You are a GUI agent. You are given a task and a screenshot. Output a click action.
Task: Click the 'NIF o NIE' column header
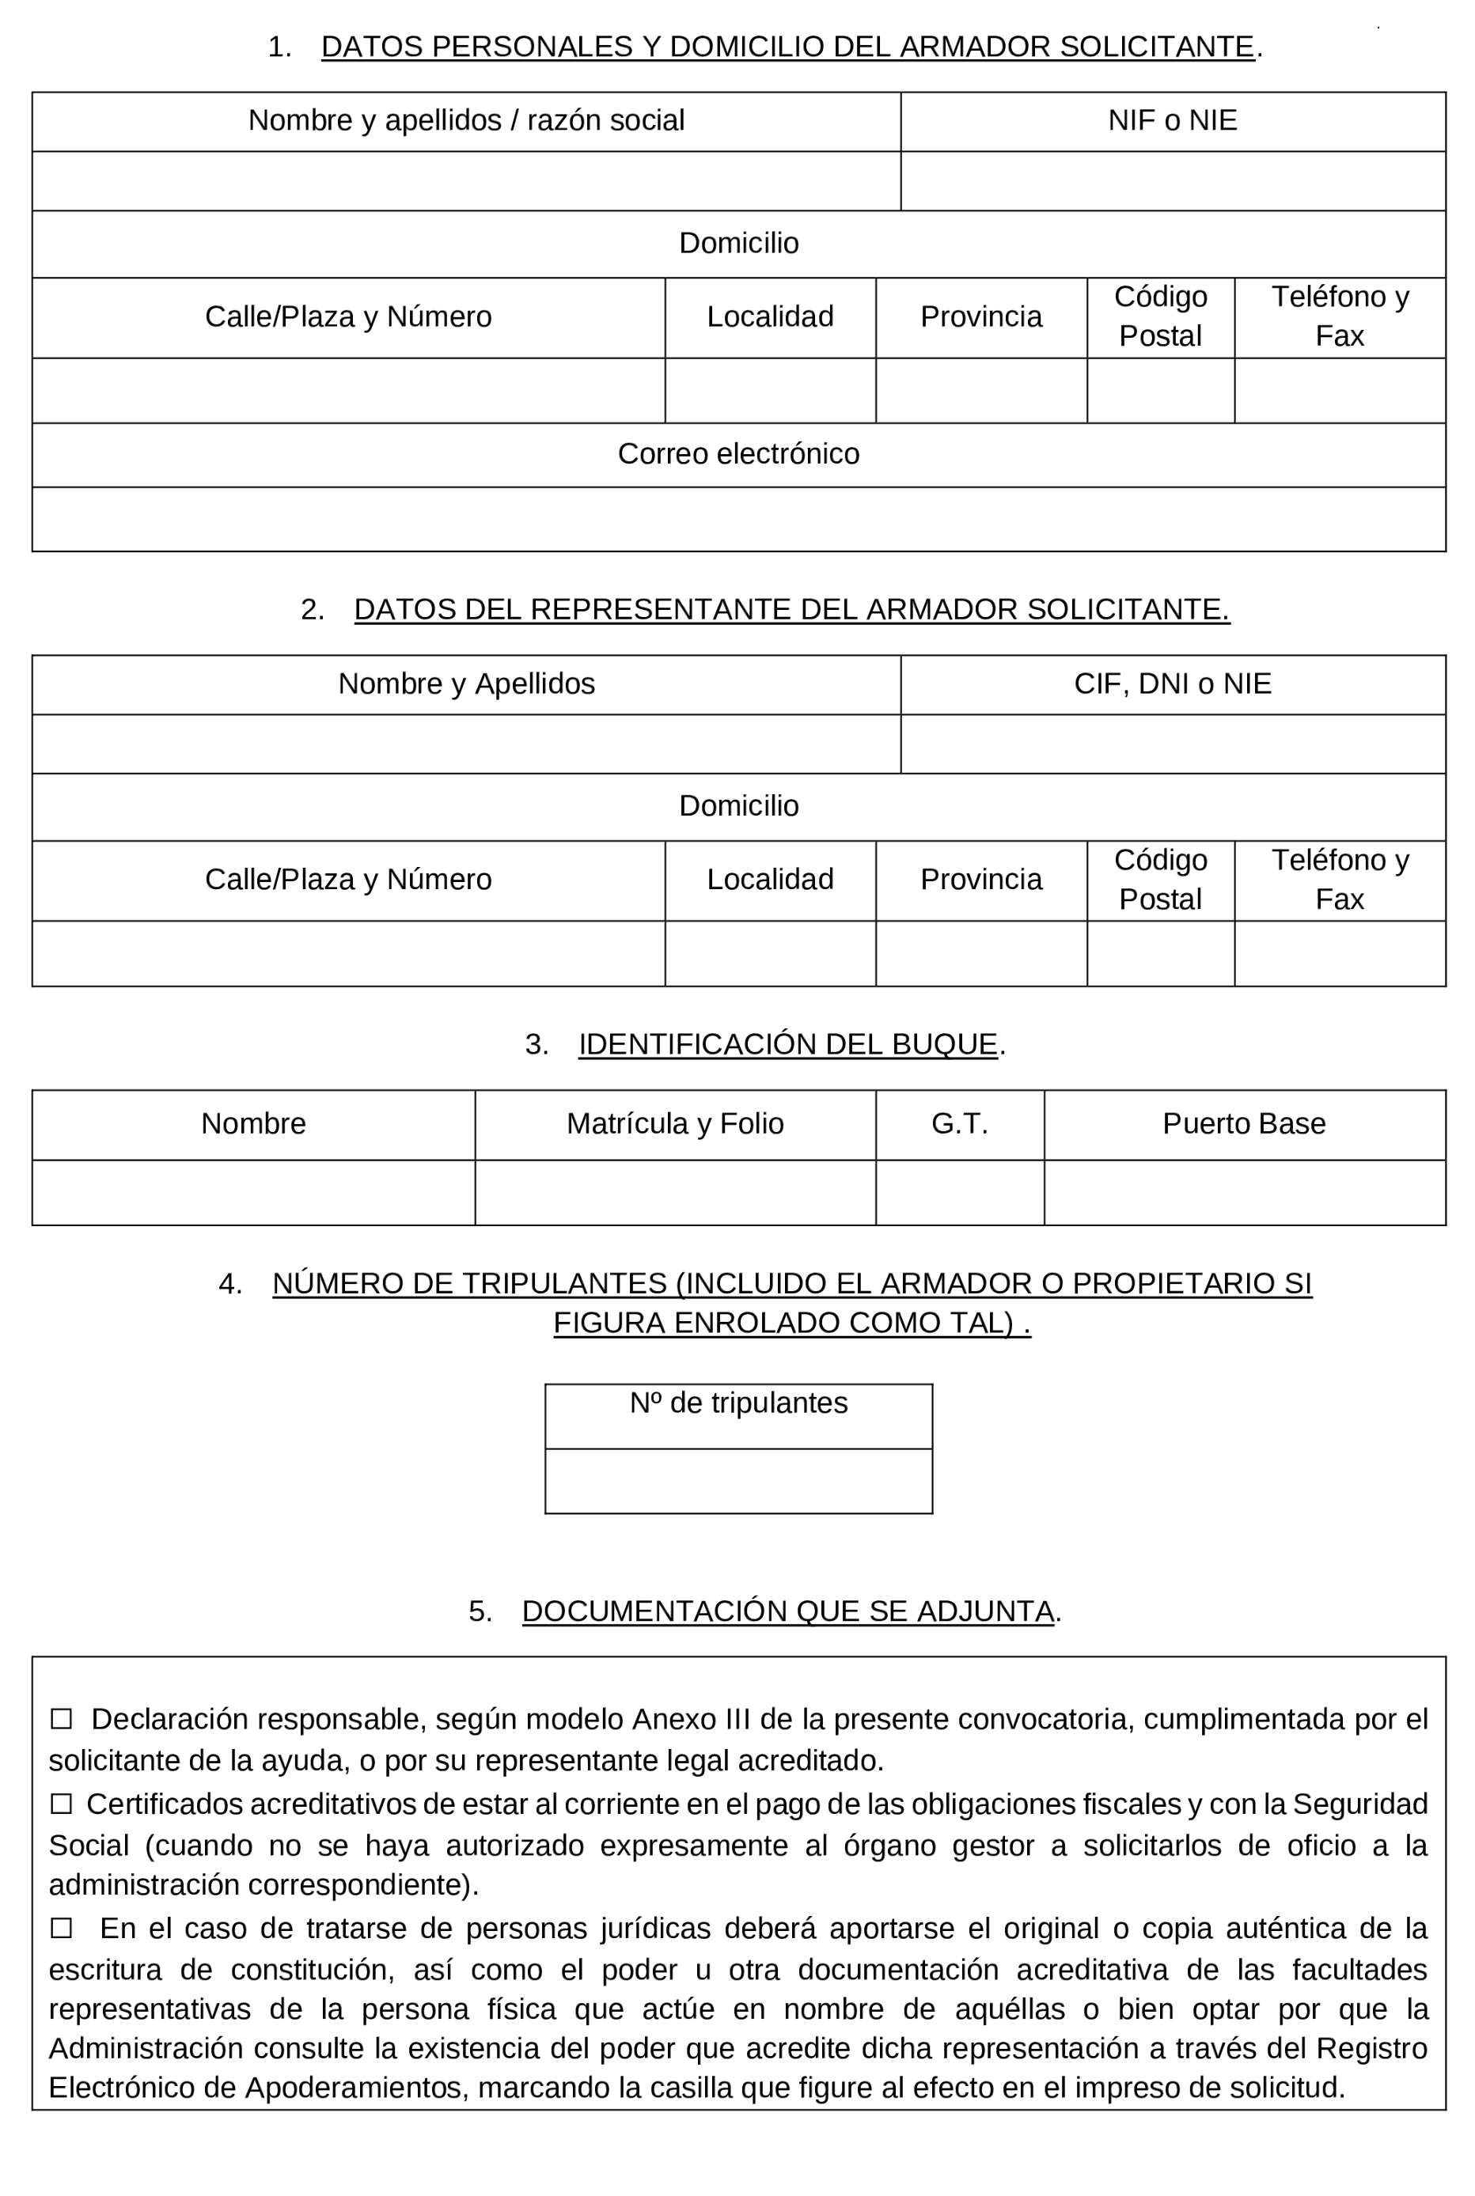pos(1172,120)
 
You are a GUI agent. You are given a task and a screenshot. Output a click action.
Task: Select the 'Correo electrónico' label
pos(738,454)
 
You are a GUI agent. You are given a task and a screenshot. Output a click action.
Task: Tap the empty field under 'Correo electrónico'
pos(738,519)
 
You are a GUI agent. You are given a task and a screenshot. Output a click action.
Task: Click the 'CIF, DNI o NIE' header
pos(1172,683)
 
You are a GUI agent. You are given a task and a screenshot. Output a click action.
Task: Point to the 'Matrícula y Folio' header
pos(674,1124)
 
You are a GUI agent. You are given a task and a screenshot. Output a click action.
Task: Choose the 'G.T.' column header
pos(960,1124)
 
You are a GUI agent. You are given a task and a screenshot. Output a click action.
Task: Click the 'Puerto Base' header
pos(1244,1124)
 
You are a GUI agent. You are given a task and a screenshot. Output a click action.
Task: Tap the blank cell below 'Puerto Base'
pos(1244,1192)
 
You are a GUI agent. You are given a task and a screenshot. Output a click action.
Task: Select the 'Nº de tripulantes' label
pos(738,1403)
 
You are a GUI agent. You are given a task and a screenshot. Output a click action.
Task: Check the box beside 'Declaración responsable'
pos(61,1719)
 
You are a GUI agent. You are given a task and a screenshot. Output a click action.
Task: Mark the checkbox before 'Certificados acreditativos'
pos(61,1804)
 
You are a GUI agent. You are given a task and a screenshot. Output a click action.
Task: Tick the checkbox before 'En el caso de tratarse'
pos(61,1928)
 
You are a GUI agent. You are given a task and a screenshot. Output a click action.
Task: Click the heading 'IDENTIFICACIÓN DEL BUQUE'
pos(787,1044)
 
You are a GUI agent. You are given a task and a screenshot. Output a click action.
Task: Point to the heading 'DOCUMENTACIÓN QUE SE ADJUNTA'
pos(787,1611)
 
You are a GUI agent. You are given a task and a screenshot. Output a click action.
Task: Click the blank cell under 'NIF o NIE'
pos(1172,181)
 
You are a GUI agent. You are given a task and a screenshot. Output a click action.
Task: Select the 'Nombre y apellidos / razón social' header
pos(465,120)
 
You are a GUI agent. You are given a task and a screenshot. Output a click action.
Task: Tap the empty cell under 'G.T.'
pos(960,1192)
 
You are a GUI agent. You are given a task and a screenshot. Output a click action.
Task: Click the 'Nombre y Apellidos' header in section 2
pos(465,683)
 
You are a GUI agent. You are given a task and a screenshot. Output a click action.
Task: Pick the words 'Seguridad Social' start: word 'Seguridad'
pos(1359,1804)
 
